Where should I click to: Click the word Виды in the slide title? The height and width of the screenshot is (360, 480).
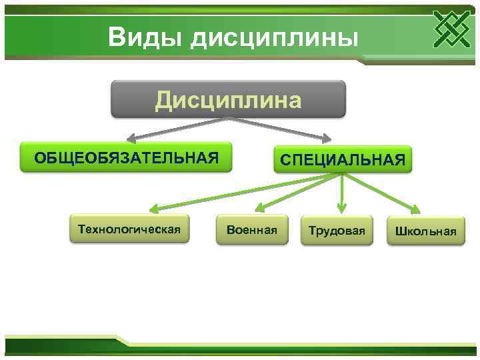[144, 37]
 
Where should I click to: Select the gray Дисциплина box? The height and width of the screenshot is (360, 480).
[228, 99]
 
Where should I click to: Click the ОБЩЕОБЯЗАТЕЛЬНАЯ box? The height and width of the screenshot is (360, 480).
[126, 157]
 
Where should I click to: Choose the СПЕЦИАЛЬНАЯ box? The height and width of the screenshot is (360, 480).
[343, 160]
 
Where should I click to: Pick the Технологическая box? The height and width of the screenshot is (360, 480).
[129, 229]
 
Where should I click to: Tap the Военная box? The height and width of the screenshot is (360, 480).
[251, 230]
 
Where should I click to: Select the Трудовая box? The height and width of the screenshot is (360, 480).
[337, 231]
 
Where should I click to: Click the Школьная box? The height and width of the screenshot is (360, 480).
[425, 231]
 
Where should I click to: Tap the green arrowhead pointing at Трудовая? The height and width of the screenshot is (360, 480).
[342, 209]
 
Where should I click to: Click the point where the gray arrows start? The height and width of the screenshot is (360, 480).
[229, 119]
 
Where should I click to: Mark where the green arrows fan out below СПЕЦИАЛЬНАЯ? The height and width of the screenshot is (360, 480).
[341, 174]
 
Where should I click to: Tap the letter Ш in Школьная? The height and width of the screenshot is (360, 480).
[401, 231]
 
